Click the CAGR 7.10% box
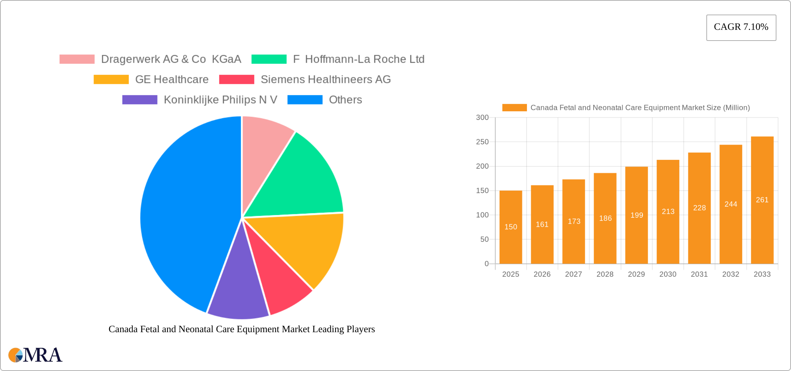point(741,27)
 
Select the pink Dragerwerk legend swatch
point(77,59)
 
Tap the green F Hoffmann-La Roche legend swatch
point(269,59)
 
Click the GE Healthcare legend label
point(172,79)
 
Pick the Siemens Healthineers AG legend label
point(325,79)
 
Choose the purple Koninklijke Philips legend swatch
point(140,100)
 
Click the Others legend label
point(345,100)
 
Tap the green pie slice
point(302,180)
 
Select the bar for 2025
point(511,227)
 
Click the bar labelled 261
point(762,200)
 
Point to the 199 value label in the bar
point(637,215)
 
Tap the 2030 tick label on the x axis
point(668,274)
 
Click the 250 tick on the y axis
point(482,142)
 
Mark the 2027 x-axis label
point(573,274)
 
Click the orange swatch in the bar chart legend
point(514,108)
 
